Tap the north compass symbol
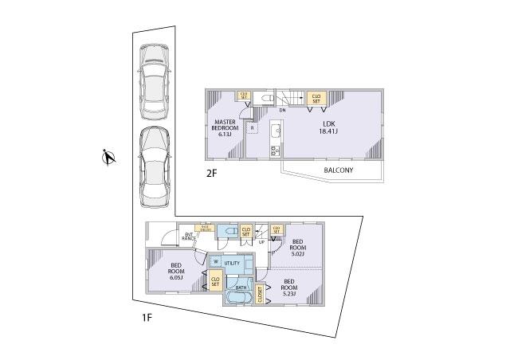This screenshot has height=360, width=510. click(108, 159)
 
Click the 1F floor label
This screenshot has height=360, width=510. click(147, 318)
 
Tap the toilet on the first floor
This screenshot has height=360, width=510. click(229, 231)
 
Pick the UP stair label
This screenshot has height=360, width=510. click(261, 242)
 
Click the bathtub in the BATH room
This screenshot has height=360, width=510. click(237, 296)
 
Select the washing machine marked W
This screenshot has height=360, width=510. click(215, 261)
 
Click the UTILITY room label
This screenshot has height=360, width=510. click(232, 262)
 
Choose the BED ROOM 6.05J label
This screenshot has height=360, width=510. click(177, 272)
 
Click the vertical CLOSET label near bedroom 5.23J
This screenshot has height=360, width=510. click(260, 294)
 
